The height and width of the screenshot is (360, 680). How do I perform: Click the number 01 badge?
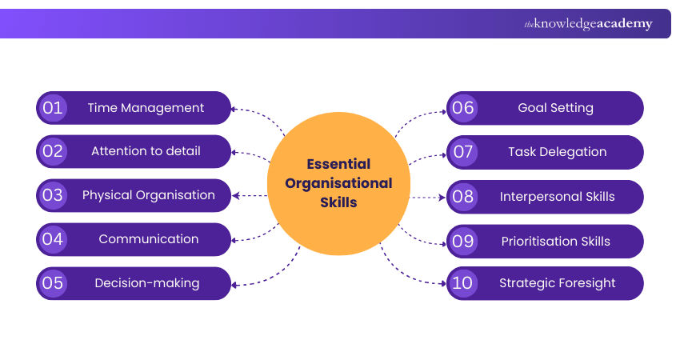[53, 108]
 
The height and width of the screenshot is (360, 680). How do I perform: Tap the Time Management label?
[146, 108]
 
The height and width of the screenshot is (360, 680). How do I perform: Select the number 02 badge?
[53, 151]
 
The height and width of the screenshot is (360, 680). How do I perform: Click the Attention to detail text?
[146, 151]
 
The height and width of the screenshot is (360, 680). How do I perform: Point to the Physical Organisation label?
[149, 195]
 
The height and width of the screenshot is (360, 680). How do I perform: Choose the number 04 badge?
[53, 239]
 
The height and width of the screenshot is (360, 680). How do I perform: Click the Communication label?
[149, 239]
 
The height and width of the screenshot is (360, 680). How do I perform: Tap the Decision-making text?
[147, 283]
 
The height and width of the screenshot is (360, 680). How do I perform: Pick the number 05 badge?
[53, 283]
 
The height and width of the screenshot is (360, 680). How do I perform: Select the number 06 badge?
[463, 108]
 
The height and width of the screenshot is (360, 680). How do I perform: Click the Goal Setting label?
[556, 108]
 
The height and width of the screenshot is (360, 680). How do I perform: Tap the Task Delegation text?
[558, 152]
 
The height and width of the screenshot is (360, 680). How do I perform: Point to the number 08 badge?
[463, 197]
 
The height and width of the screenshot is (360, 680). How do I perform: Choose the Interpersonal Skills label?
[558, 197]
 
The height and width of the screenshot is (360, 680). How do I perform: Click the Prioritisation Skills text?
[556, 242]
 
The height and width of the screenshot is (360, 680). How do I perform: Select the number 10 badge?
[463, 283]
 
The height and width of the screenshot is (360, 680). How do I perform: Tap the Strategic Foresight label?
[558, 283]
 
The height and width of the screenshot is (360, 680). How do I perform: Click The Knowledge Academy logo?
[588, 24]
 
